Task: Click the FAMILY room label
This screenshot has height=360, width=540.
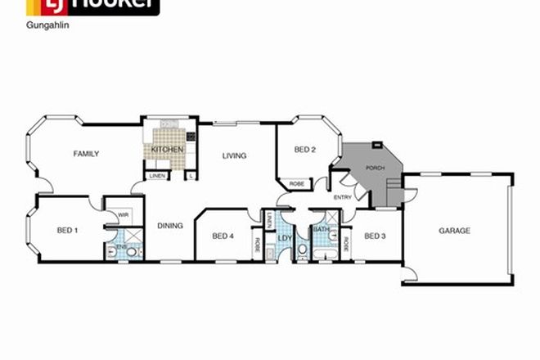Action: (86, 154)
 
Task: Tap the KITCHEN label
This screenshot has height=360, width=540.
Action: (167, 151)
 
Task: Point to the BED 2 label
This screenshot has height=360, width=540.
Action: (304, 149)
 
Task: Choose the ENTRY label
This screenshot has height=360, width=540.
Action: (342, 197)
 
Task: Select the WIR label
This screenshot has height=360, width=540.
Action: (123, 215)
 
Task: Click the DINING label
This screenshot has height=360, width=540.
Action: (169, 226)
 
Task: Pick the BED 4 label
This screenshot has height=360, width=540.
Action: (223, 236)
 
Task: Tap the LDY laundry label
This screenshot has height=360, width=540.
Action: (284, 238)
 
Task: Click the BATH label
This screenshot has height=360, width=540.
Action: (322, 231)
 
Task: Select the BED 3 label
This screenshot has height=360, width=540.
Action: (375, 236)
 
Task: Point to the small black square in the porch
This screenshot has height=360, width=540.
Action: (376, 146)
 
